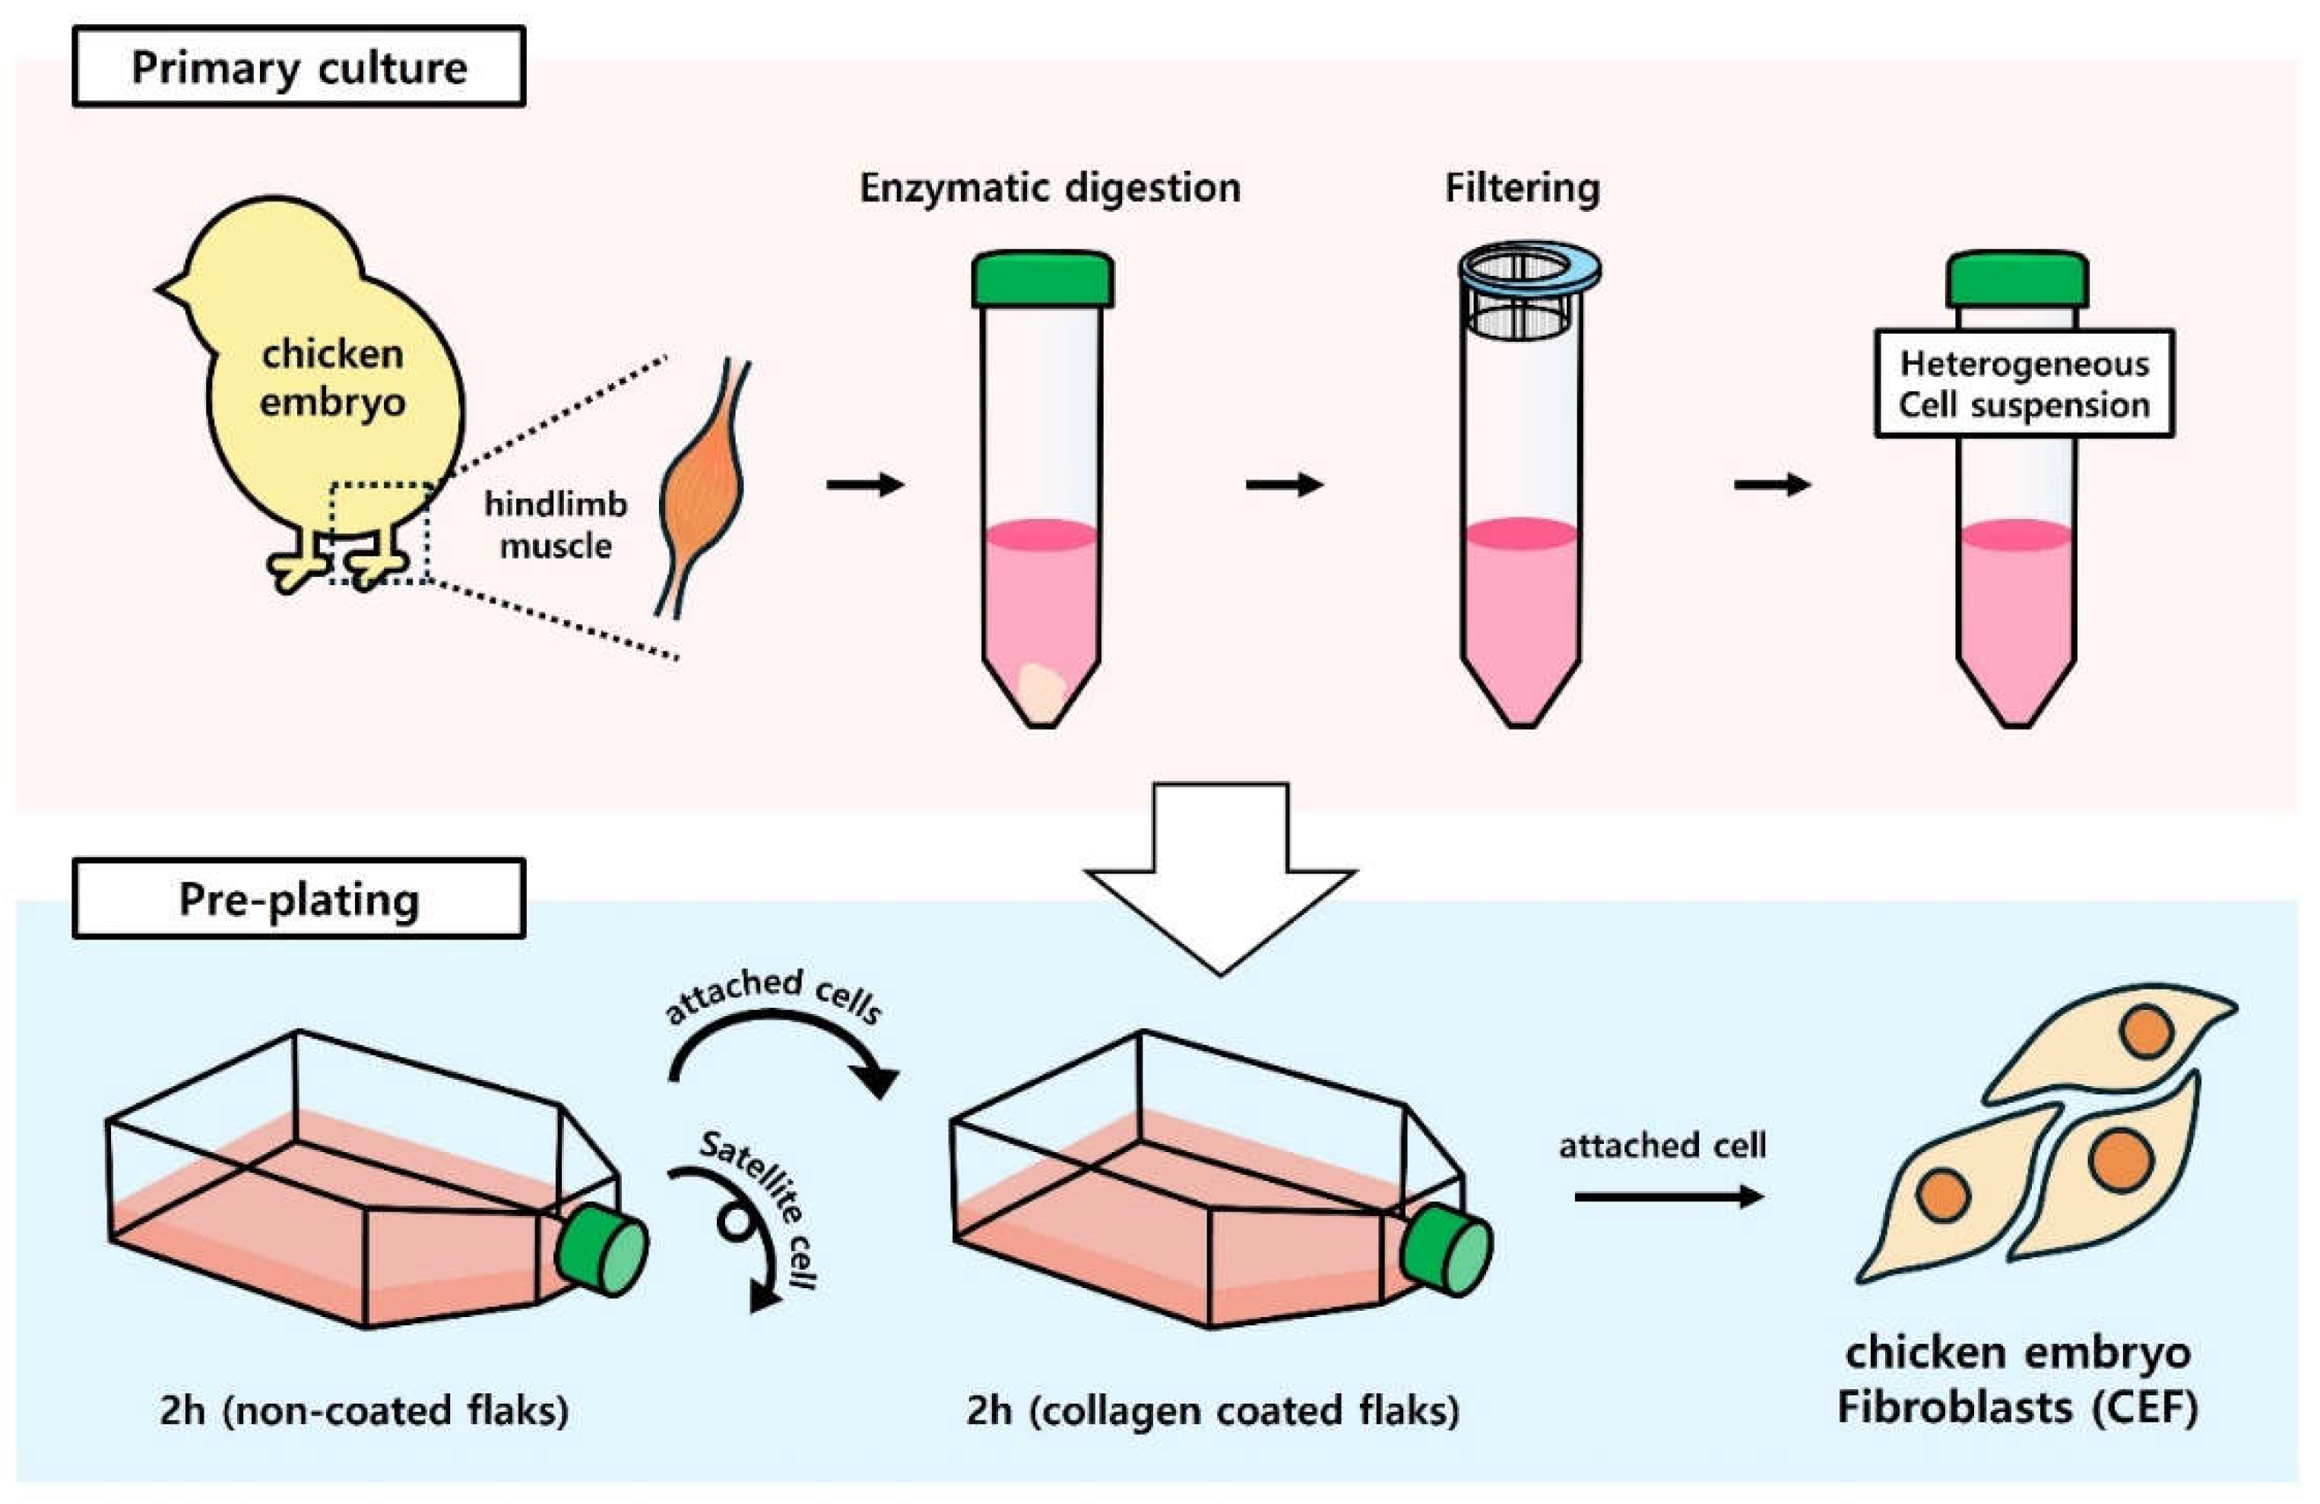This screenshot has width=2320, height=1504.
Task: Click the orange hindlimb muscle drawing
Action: (700, 497)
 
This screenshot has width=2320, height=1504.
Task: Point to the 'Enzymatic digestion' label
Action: (1049, 187)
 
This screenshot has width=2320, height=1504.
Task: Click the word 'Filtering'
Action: (1522, 187)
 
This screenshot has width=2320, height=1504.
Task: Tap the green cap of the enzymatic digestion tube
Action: (1042, 280)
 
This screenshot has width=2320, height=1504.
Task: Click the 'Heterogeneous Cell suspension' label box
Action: (2024, 384)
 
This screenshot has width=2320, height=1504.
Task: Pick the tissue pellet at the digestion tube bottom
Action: (1040, 689)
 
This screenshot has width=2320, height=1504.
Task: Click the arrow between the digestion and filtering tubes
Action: (1284, 484)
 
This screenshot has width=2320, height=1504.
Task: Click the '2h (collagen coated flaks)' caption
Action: (1212, 1411)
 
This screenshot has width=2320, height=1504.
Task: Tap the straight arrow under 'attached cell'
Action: (1668, 1196)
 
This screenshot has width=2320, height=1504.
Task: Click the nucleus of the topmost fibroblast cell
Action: (2147, 1031)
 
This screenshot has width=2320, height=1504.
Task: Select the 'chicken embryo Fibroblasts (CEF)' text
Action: (2017, 1380)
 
